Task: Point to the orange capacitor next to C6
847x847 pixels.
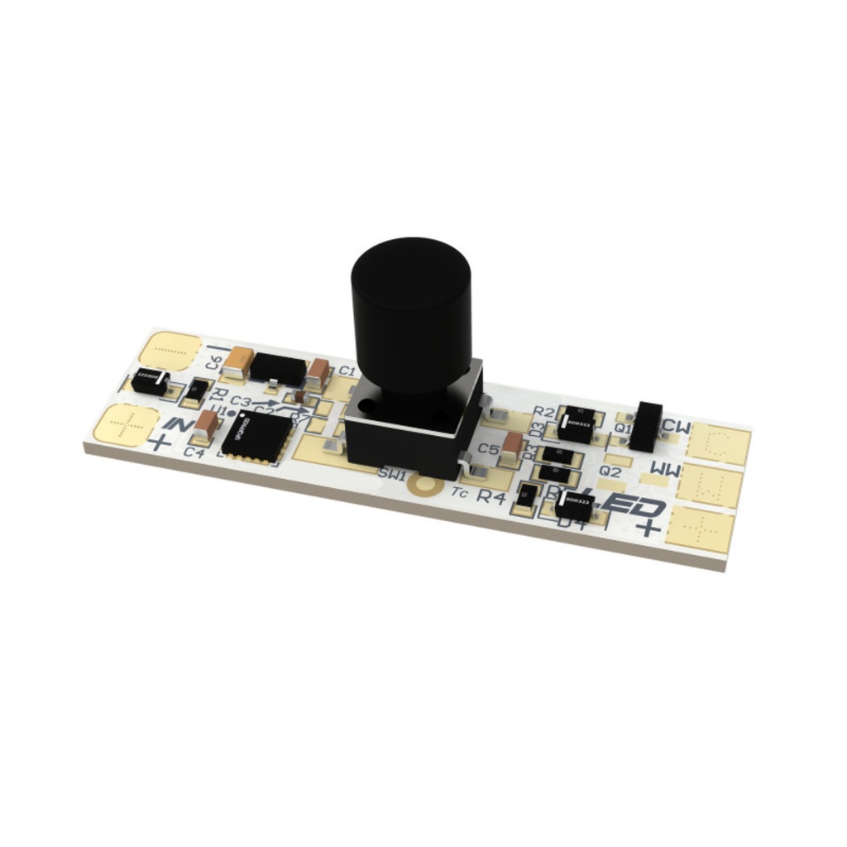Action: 240,361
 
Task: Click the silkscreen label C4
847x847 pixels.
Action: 195,452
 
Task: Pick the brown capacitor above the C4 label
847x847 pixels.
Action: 207,423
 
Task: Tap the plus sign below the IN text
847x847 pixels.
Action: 160,443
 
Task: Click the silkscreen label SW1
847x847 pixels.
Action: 391,475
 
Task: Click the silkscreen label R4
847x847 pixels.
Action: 491,497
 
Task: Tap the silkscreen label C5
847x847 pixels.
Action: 489,450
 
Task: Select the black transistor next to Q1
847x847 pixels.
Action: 646,426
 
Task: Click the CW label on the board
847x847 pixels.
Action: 677,428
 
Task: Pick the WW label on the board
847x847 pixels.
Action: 666,471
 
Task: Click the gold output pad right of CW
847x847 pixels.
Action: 719,444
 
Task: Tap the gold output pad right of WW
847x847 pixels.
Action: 709,486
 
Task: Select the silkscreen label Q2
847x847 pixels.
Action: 610,471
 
